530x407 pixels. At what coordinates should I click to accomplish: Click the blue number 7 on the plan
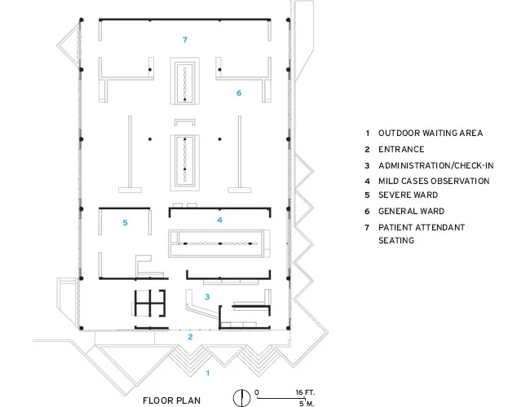click(185, 40)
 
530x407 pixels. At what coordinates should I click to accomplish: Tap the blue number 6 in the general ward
click(239, 93)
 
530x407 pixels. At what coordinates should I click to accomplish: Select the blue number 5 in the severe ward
click(125, 223)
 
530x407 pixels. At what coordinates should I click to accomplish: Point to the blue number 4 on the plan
click(219, 220)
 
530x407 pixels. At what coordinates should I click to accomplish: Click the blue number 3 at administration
click(207, 296)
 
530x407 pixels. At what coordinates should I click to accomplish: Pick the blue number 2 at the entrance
click(190, 337)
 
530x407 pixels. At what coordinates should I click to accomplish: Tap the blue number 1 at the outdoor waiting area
click(208, 373)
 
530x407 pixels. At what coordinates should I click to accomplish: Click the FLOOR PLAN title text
click(172, 400)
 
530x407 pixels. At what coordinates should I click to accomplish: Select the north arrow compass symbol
click(241, 397)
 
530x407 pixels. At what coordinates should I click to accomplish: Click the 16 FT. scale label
click(305, 392)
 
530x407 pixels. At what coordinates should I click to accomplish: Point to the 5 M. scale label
click(307, 403)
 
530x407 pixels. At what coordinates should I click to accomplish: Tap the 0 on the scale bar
click(257, 392)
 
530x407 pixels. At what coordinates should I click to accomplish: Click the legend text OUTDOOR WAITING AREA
click(431, 133)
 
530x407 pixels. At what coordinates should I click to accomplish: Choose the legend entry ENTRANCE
click(401, 149)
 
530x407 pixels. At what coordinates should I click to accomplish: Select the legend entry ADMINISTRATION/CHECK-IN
click(436, 165)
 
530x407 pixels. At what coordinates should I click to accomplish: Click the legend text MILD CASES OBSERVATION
click(434, 181)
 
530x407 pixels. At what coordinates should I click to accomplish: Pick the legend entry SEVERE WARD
click(408, 195)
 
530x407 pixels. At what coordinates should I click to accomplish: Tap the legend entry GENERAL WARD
click(411, 212)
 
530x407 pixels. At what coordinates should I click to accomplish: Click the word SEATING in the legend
click(396, 240)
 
